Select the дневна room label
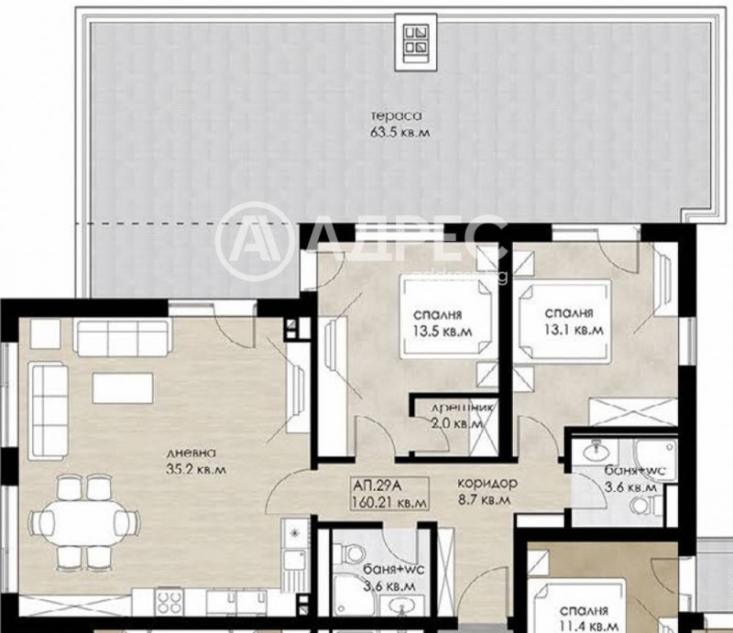[191, 453]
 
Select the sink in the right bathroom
[594, 450]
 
